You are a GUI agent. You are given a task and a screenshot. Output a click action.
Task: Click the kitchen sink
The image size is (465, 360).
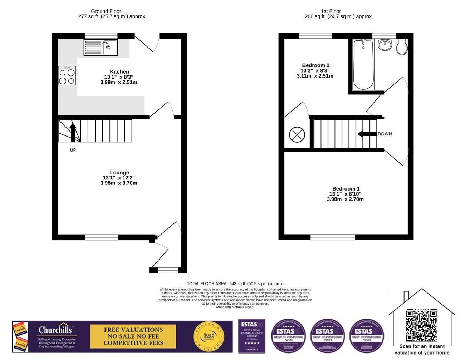coord(101,48)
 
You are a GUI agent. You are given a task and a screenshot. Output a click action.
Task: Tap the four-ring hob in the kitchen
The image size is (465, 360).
coord(67,76)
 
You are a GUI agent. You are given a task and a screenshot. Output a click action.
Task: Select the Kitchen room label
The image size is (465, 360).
coord(119,72)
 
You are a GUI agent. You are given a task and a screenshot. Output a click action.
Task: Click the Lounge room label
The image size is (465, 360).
coord(119,173)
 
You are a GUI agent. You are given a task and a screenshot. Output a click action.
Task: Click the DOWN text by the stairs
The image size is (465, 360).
coord(385,134)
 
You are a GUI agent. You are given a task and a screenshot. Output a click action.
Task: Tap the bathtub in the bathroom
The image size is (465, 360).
coord(363,65)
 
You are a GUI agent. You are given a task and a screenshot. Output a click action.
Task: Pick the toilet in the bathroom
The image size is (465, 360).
coord(402,47)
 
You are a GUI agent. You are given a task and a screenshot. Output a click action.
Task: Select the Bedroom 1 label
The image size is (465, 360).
coord(346,189)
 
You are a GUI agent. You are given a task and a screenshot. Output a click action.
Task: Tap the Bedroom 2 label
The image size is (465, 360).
coord(315,65)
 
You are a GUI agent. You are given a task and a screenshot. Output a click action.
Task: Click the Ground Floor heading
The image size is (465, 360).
coord(106,11)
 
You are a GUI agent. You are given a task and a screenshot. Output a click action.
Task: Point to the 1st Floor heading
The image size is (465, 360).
coord(331,11)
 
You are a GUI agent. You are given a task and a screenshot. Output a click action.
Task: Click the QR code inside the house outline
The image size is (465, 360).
coord(421,325)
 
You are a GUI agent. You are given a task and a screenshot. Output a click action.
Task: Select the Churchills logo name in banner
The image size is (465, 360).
coord(55,330)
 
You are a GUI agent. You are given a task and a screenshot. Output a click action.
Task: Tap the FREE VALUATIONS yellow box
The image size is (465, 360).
coord(133,336)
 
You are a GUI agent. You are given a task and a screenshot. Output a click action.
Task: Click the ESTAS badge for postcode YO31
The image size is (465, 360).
coord(288,336)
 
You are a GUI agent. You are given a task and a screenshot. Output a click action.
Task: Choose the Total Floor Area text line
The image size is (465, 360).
coord(235,284)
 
